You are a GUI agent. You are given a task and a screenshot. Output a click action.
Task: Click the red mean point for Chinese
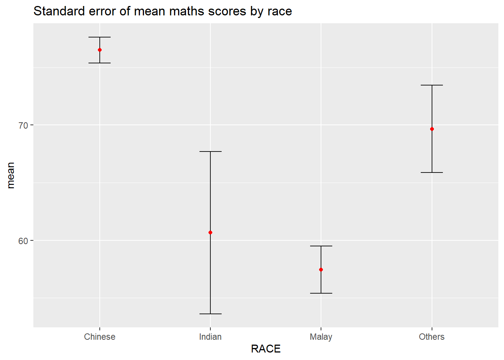(100, 50)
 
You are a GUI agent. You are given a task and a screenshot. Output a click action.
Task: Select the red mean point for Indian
(210, 232)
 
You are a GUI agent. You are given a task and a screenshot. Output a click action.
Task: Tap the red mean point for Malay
(321, 270)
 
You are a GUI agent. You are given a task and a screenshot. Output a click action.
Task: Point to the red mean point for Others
(432, 129)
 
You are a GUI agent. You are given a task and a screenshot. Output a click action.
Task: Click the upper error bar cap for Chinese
(100, 37)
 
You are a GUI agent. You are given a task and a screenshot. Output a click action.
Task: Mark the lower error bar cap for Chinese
(100, 63)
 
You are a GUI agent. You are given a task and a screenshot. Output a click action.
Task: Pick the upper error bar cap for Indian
(210, 151)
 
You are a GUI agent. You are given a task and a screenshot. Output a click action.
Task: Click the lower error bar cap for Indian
(210, 314)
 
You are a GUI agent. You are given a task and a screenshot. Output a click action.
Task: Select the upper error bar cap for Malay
(321, 246)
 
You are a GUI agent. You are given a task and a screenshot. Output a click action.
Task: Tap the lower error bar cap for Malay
(321, 293)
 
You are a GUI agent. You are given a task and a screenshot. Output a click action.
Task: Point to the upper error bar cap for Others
(432, 85)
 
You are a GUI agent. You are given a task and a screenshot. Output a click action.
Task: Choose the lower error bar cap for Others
(432, 172)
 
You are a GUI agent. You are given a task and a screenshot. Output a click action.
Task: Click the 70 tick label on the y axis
(23, 125)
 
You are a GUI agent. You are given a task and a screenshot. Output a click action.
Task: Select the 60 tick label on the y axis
(23, 241)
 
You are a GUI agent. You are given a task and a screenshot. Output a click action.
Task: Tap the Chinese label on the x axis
(100, 337)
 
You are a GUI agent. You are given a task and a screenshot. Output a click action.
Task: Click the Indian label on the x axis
(210, 337)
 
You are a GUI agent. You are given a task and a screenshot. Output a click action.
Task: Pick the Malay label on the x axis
(321, 337)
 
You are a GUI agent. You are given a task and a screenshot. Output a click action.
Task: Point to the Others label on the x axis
(432, 337)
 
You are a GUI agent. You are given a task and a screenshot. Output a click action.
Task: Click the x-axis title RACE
(266, 349)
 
